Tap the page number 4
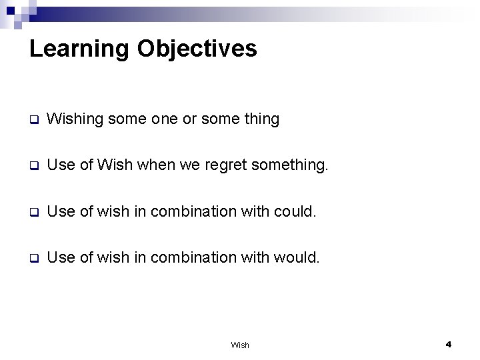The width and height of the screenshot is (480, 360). (x=449, y=344)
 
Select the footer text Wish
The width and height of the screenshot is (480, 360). (x=239, y=345)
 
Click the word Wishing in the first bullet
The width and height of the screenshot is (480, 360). (x=76, y=119)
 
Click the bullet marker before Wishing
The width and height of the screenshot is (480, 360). (x=33, y=121)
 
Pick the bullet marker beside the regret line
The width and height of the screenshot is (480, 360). (x=33, y=167)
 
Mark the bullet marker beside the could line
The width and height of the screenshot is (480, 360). (x=33, y=213)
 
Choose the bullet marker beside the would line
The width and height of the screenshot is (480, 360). (x=33, y=258)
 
